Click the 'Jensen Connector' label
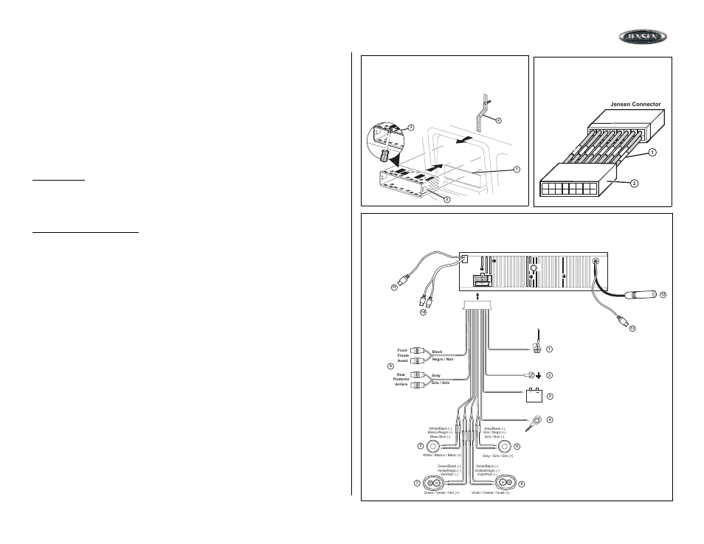click(635, 104)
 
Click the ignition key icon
click(534, 423)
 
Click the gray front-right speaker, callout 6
click(504, 446)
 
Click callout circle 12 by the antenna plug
click(663, 295)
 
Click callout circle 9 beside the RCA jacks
click(390, 366)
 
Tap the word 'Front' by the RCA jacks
click(402, 350)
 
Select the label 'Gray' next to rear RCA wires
click(436, 375)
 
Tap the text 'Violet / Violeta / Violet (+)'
click(491, 492)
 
